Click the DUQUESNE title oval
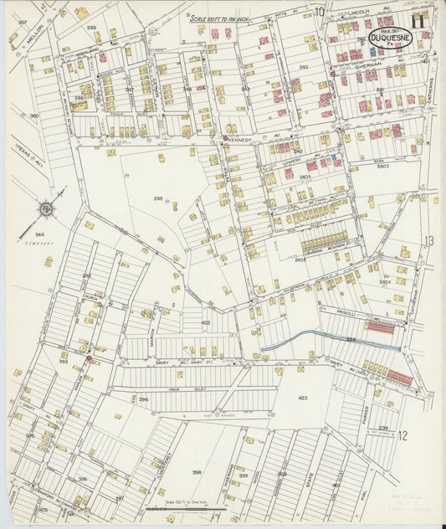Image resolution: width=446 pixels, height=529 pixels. coord(392,38)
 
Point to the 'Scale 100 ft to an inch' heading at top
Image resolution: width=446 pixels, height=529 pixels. coord(220,18)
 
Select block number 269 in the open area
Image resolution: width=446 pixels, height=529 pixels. coord(158,198)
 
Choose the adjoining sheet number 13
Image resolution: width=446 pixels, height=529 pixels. coord(428,241)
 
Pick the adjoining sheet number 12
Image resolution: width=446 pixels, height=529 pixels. coord(402,434)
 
